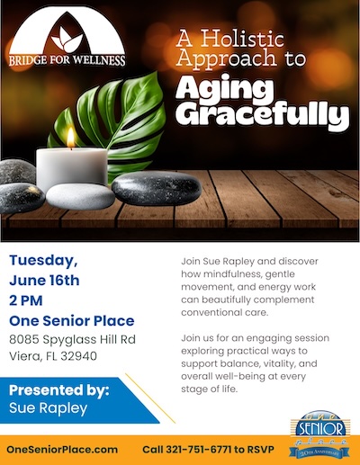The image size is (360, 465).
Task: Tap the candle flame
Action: (x=71, y=137)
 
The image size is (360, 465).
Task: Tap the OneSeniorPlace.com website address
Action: (x=63, y=449)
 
